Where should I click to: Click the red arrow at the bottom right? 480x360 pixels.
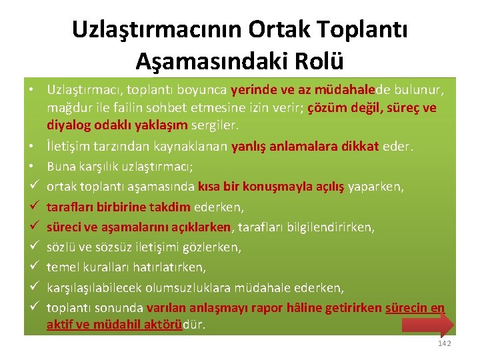click(x=428, y=324)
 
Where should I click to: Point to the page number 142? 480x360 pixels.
click(x=444, y=343)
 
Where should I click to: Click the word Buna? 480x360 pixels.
click(x=62, y=167)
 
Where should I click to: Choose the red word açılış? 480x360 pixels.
click(x=323, y=187)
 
